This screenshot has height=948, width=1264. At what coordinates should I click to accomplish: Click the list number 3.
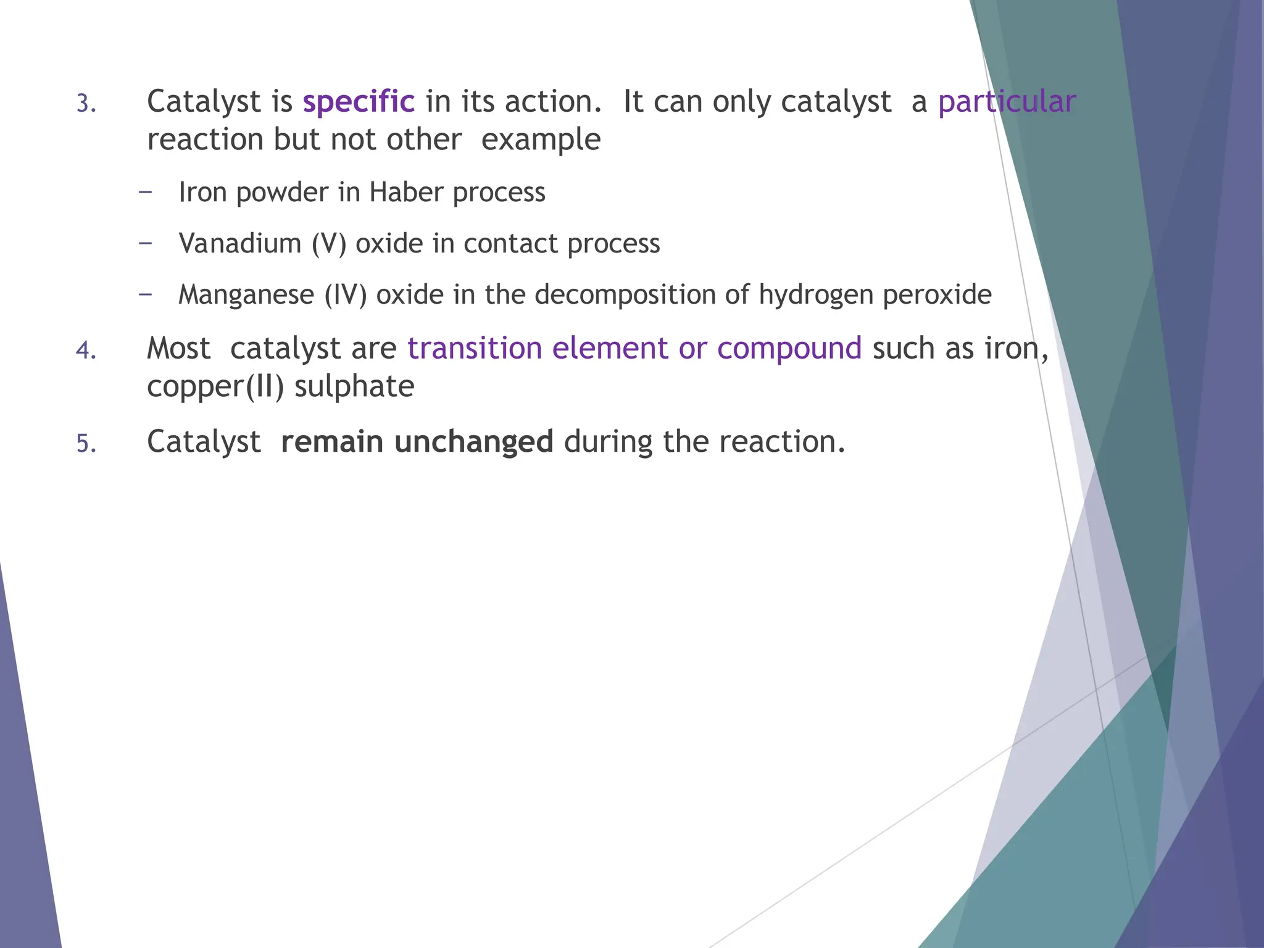pos(86,104)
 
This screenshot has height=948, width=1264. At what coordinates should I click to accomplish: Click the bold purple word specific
pos(359,102)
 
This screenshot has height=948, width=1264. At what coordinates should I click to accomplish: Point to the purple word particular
pos(1007,102)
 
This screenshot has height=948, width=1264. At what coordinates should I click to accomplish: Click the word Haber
pos(406,193)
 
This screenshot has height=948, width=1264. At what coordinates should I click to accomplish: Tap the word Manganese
pos(246,295)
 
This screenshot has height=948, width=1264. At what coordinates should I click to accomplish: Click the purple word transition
pos(475,349)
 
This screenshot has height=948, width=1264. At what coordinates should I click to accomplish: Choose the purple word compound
pos(789,349)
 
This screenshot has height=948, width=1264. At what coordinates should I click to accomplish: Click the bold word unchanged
pos(473,442)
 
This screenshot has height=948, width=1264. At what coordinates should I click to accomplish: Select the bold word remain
pos(332,442)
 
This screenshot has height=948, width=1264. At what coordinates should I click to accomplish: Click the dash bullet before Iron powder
pos(146,192)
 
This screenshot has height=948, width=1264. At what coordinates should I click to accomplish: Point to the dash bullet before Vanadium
pos(146,243)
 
